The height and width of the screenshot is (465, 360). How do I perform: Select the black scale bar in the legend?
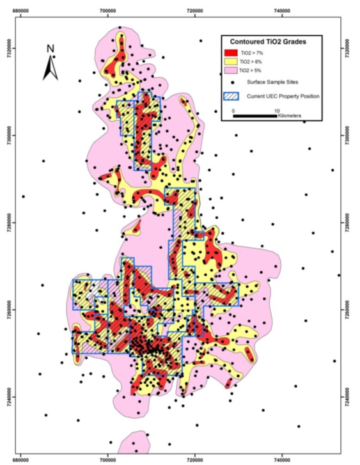pos(254,115)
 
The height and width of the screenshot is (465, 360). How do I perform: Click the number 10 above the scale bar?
pos(276,110)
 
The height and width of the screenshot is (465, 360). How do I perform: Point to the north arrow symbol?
pos(50,68)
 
